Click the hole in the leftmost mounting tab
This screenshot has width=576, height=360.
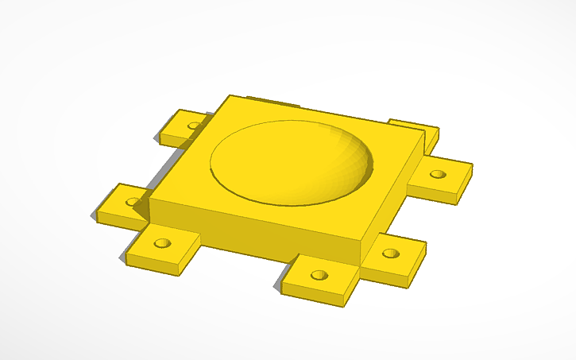coord(132,202)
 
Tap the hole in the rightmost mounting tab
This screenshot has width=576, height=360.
coord(439,174)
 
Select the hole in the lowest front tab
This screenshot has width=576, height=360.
coord(319,275)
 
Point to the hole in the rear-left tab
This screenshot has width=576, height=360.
coord(194,125)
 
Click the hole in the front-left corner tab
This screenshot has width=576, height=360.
coord(163,242)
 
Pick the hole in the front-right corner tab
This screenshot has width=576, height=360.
coord(389,254)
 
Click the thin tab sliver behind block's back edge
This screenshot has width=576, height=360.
coord(270,101)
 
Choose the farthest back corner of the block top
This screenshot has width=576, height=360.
coord(230,96)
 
